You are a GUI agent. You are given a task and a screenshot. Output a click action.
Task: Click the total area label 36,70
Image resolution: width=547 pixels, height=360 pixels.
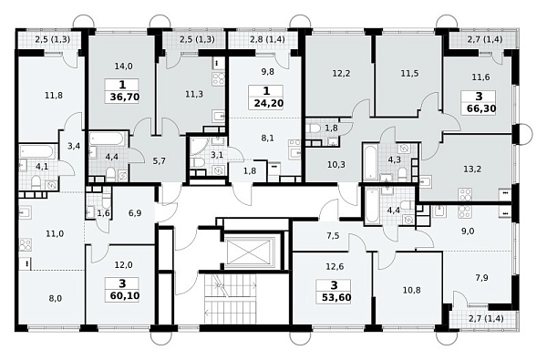pos(125,97)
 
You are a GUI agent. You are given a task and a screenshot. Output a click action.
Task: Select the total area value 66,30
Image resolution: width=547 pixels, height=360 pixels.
pos(481,108)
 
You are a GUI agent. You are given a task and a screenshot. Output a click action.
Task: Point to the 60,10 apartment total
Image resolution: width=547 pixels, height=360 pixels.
pos(125,296)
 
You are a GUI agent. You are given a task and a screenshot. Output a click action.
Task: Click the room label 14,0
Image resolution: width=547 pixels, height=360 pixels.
pos(123,66)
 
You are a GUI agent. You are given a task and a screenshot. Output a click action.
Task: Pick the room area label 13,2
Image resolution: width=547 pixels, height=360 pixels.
pos(472,170)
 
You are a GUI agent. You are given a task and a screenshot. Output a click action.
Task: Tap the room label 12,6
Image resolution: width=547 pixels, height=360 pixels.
pos(335,267)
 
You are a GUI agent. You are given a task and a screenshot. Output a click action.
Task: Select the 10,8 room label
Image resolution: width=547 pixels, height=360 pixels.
pos(412,290)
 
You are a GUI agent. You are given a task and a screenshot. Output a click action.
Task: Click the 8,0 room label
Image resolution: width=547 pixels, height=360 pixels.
pos(56,299)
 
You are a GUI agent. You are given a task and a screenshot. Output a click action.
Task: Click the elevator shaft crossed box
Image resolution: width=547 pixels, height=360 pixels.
pos(249,252)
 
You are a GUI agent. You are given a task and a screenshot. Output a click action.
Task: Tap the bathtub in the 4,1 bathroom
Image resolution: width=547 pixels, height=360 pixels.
pos(37,151)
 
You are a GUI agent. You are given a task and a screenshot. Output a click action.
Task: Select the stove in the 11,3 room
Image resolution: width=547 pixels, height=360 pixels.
pos(219,79)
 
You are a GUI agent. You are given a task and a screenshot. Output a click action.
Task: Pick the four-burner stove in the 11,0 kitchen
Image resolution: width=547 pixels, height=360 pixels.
pos(26,244)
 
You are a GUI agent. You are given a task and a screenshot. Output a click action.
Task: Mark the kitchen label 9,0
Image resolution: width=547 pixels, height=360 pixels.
pos(468,231)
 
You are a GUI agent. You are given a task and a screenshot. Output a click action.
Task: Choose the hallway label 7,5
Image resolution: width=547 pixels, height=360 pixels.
pos(333,236)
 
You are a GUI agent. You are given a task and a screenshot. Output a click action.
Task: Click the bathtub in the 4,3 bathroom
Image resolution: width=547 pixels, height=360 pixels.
pos(370,161)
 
